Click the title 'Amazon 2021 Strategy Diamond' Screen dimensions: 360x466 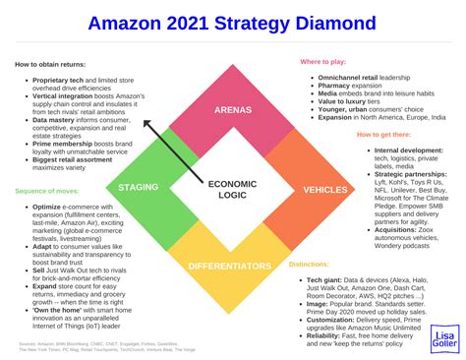click(x=233, y=22)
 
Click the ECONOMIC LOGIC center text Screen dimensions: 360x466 click(x=232, y=189)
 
